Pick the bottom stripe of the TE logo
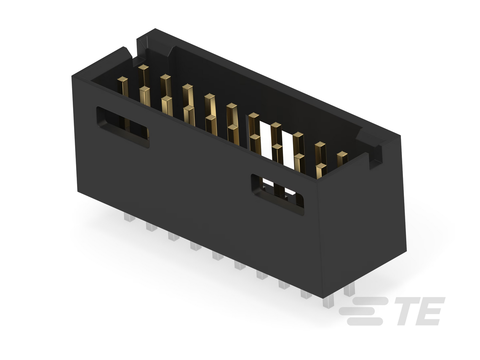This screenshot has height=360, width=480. click(x=365, y=321)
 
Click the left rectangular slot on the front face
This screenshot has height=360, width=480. click(x=123, y=127)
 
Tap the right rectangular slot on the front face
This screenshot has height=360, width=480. click(x=278, y=195)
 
